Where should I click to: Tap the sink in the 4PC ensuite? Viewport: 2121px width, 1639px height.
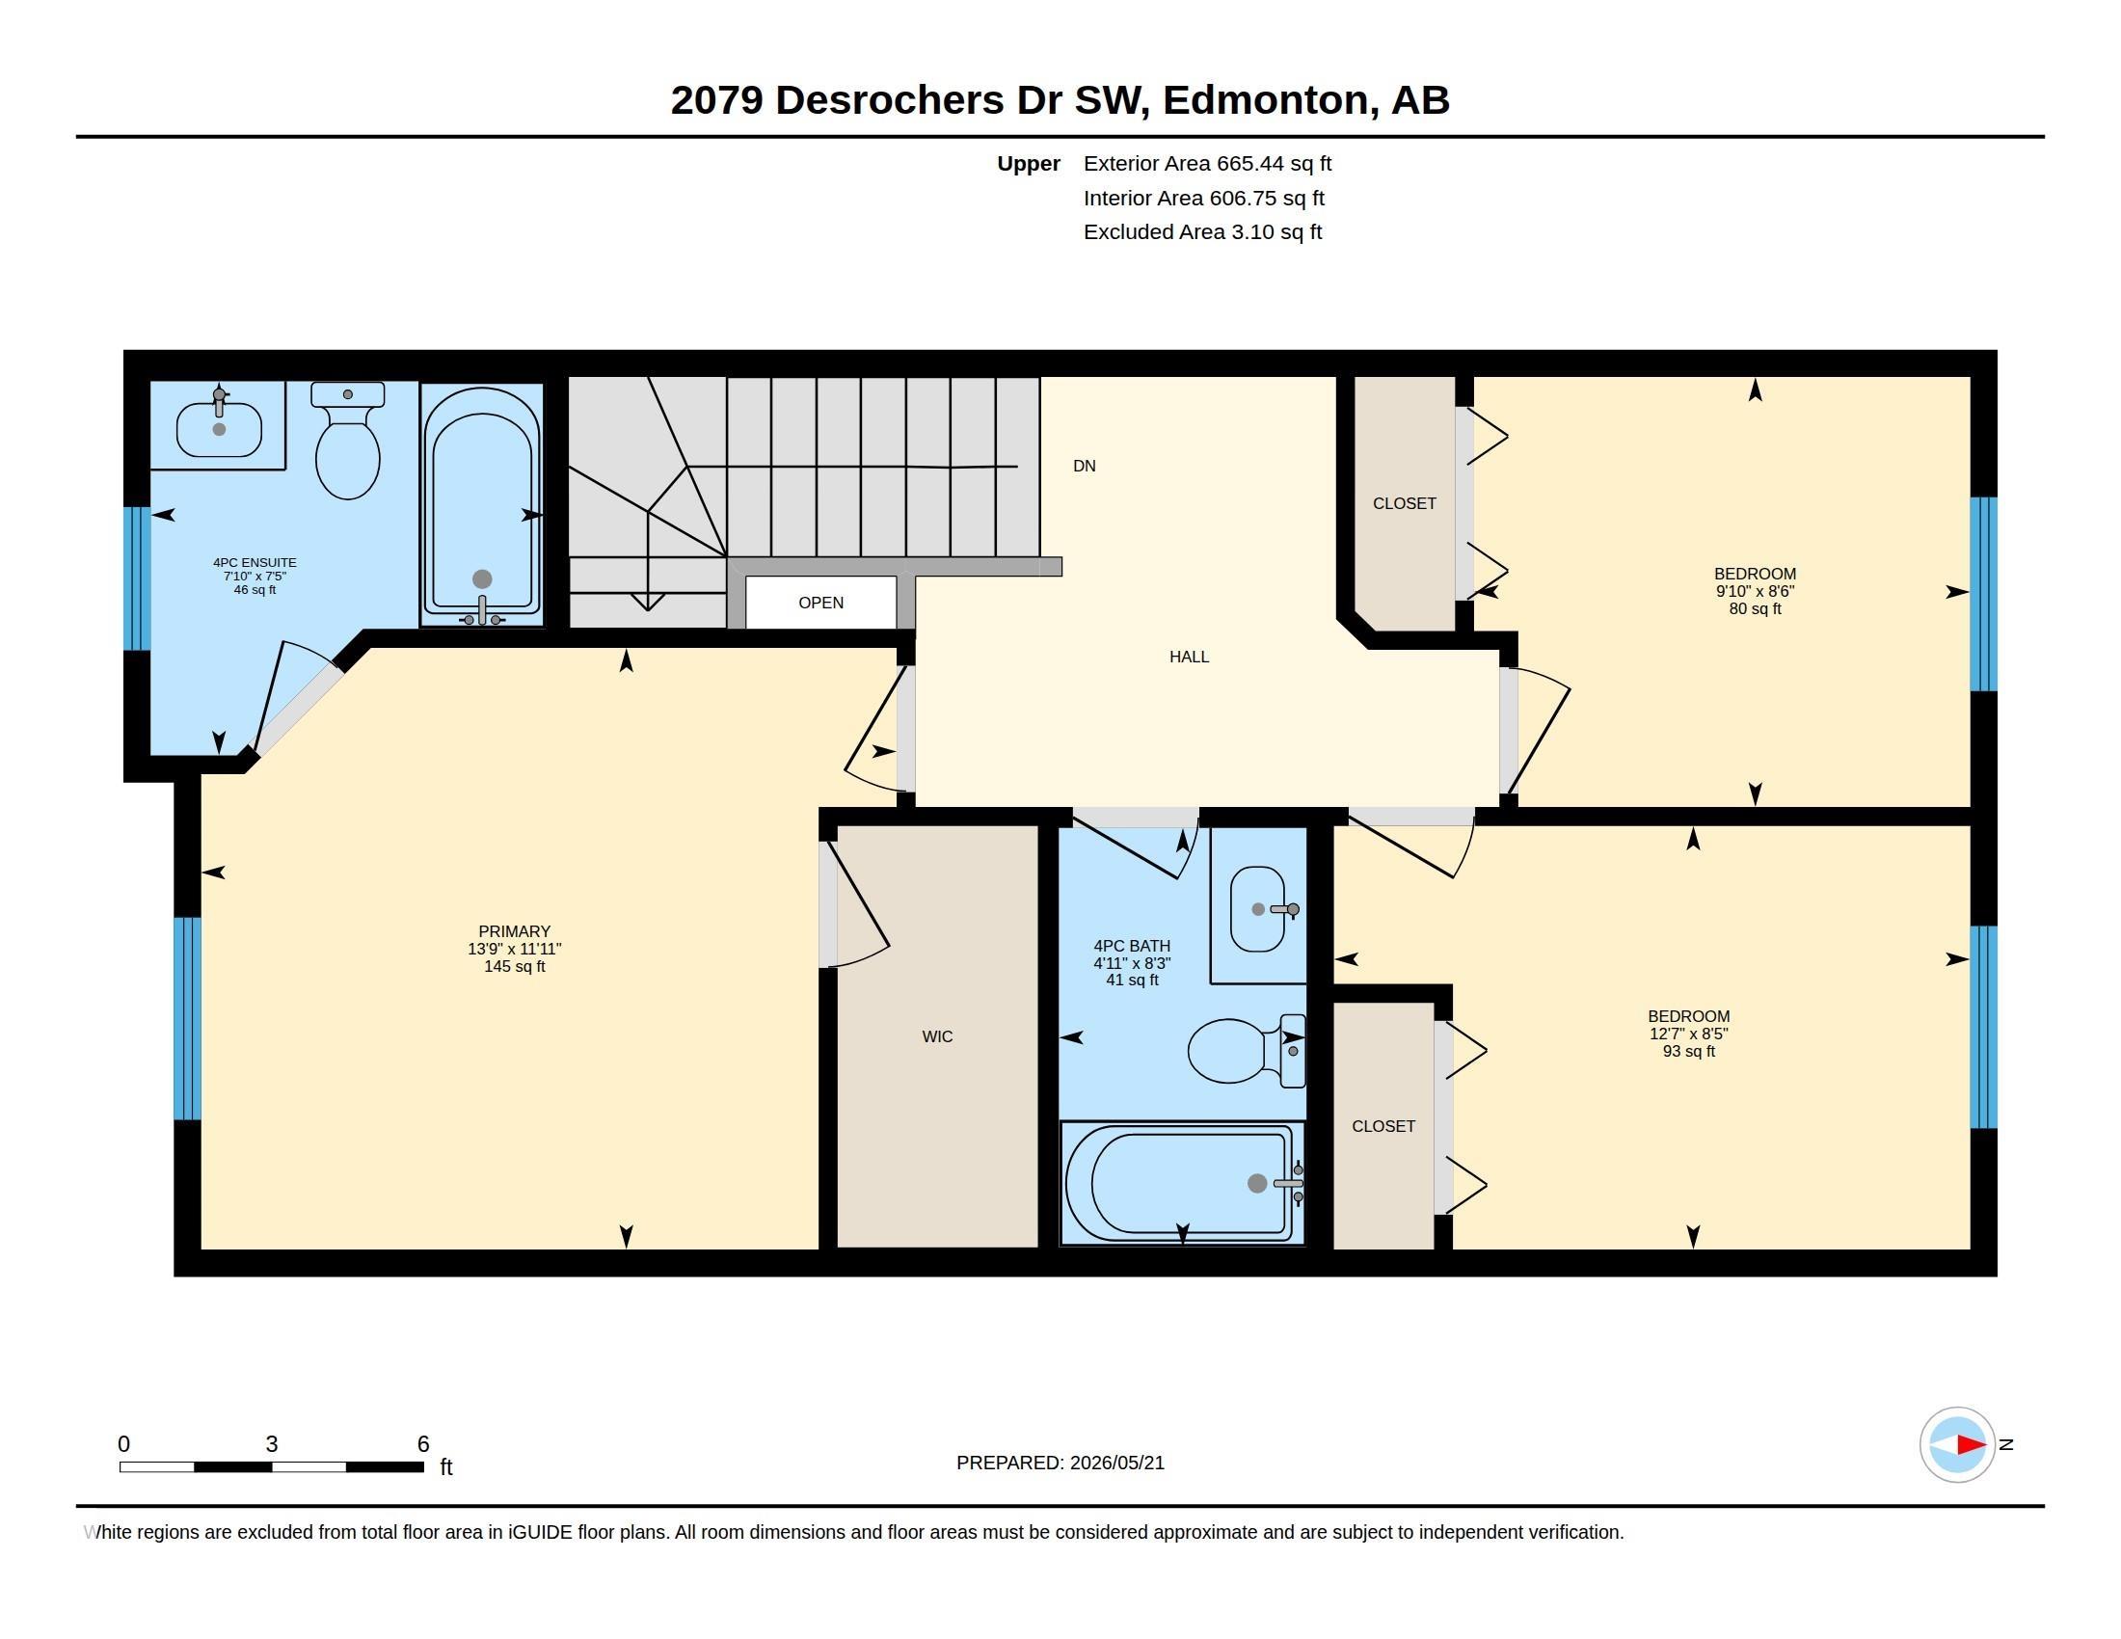220,427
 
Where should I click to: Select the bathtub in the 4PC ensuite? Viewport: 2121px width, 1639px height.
482,505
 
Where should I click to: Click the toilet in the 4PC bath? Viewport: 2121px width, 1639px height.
1247,1051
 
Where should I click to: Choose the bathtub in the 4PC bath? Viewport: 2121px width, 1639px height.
1182,1183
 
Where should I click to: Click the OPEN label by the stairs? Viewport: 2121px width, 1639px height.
820,603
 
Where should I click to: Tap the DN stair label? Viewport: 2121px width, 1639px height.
1085,466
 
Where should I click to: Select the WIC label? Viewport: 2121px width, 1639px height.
937,1037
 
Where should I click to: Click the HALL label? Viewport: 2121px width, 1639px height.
1189,658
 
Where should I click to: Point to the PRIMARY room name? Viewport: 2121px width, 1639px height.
515,931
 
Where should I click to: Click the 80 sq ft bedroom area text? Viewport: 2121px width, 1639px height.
1755,608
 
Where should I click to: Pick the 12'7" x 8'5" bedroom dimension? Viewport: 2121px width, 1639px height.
1689,1034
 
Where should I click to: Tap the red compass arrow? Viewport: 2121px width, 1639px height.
1971,1445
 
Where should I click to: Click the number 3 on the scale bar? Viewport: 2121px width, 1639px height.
272,1444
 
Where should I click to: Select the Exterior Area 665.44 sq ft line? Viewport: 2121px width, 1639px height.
1207,163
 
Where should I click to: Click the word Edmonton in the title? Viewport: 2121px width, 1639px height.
1271,100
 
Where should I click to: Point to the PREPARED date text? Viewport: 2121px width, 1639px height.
1060,1463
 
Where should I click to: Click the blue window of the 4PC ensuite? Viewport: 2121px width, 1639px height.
137,578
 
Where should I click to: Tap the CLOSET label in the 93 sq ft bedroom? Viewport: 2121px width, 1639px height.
1383,1126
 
